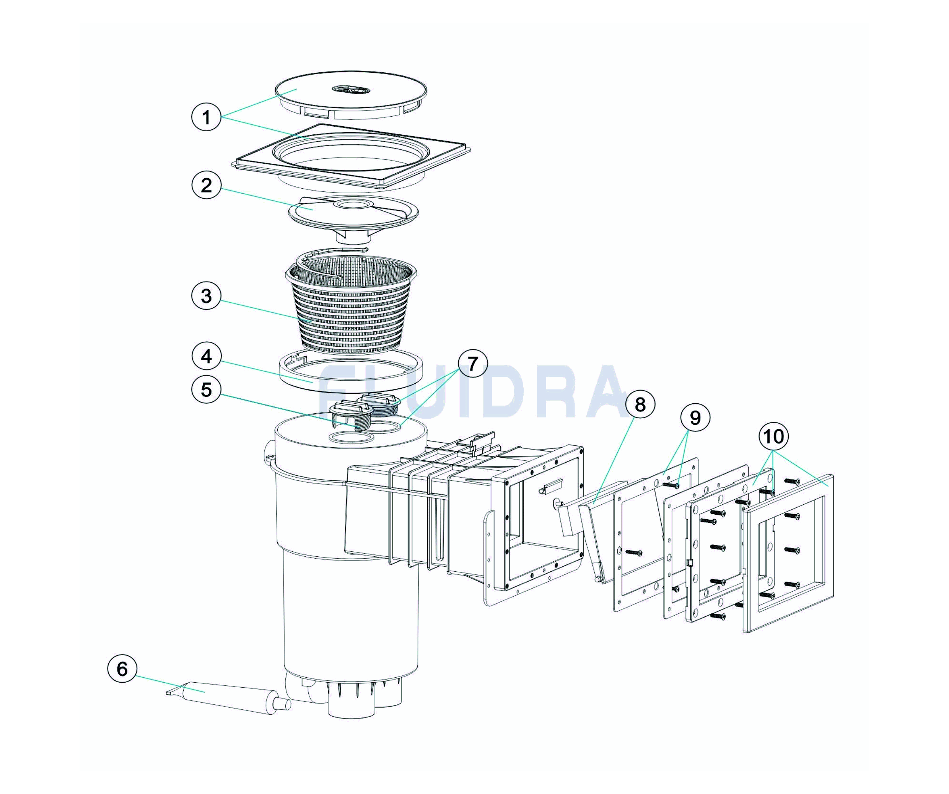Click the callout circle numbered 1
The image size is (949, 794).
(206, 117)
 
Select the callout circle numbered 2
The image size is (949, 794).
(206, 185)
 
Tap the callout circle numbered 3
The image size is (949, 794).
(206, 296)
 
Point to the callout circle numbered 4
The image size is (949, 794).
(206, 356)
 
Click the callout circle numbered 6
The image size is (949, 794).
(122, 669)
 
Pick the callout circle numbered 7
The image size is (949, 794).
(473, 364)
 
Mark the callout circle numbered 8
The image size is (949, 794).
(640, 405)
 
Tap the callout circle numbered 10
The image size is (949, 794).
(774, 437)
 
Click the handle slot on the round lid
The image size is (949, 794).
(351, 90)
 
